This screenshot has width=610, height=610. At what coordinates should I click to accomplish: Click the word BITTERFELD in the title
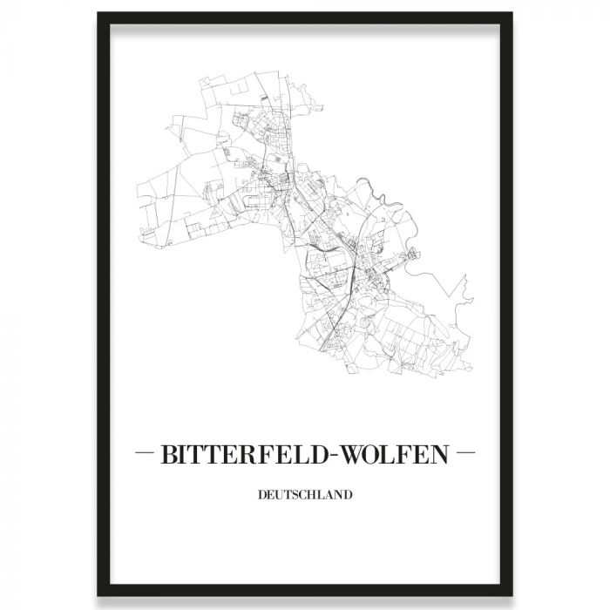click(247, 455)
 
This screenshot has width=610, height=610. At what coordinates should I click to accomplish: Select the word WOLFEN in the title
click(396, 455)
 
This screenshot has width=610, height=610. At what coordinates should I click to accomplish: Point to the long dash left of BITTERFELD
click(147, 454)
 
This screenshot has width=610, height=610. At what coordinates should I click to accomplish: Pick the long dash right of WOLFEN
click(464, 454)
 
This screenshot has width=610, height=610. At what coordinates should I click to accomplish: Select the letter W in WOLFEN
click(356, 455)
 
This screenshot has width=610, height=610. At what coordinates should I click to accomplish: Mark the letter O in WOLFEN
click(377, 455)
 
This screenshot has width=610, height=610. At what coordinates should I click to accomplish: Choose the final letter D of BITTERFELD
click(323, 455)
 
